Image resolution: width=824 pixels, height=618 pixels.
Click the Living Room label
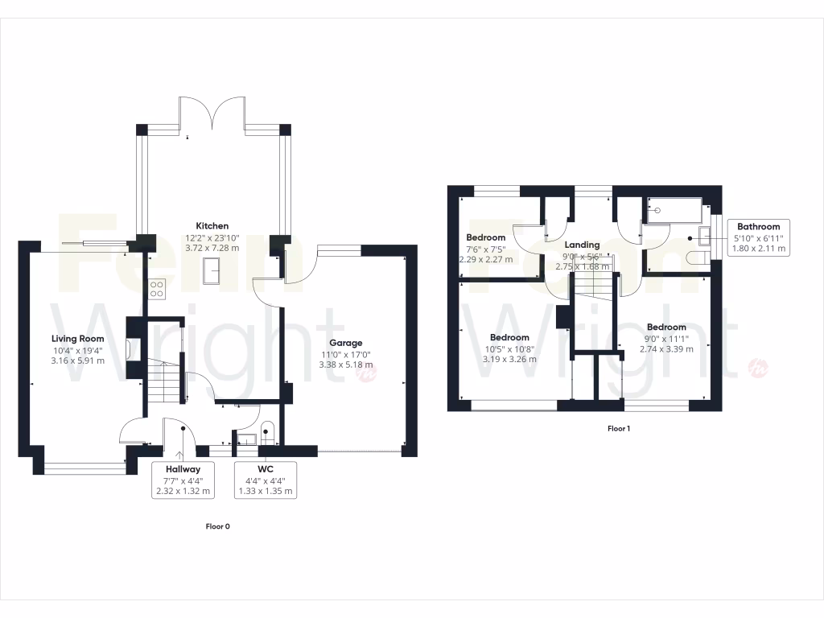click(78, 339)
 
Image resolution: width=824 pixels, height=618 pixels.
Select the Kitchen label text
click(212, 226)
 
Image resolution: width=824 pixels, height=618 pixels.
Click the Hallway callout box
click(183, 480)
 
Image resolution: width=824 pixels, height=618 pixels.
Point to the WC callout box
click(266, 480)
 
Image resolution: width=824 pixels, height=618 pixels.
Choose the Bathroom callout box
click(759, 238)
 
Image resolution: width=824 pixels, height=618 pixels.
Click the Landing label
click(582, 245)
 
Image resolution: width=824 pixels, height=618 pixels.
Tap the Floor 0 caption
click(217, 526)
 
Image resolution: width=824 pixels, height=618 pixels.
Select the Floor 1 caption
click(618, 429)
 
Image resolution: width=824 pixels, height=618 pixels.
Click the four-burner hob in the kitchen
click(157, 288)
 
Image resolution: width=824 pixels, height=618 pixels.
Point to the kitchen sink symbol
click(213, 271)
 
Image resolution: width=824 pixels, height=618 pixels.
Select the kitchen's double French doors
click(212, 113)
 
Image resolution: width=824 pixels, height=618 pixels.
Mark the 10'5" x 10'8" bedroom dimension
click(509, 348)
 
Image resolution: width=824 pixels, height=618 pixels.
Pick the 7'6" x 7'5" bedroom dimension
click(485, 249)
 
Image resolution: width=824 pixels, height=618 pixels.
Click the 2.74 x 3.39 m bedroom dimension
click(666, 349)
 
